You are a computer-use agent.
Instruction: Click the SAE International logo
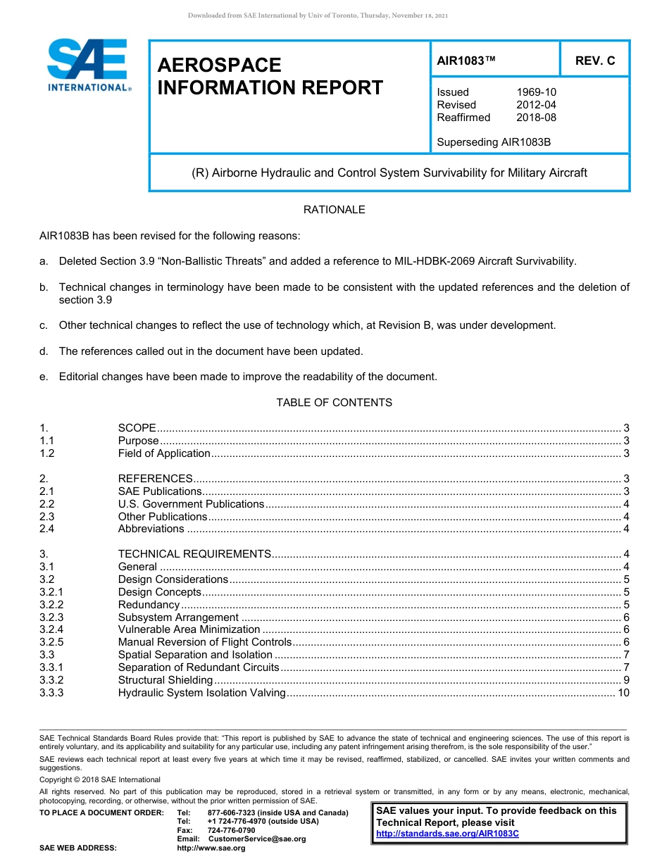88,65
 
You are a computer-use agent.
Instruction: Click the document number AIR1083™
466,61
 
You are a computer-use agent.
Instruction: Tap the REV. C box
594,61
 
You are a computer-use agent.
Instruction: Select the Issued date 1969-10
536,92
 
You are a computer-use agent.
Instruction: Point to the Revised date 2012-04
536,105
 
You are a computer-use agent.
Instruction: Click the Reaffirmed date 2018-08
536,118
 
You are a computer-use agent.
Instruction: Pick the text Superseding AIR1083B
494,142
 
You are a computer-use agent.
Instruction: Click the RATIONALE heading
334,210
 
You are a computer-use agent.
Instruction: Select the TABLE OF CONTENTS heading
334,403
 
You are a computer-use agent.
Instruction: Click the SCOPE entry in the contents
137,428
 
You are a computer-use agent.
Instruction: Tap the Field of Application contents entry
164,453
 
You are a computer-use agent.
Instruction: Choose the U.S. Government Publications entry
191,504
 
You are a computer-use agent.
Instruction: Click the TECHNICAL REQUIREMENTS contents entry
194,554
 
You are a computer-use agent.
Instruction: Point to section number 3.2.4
51,629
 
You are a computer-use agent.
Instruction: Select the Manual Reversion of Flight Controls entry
204,642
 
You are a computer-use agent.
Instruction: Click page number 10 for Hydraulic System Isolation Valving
623,693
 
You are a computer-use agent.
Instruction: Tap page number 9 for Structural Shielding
626,680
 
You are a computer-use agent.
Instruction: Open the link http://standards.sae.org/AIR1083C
447,834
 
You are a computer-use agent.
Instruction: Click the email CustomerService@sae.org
257,839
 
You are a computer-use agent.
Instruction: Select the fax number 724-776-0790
231,831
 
